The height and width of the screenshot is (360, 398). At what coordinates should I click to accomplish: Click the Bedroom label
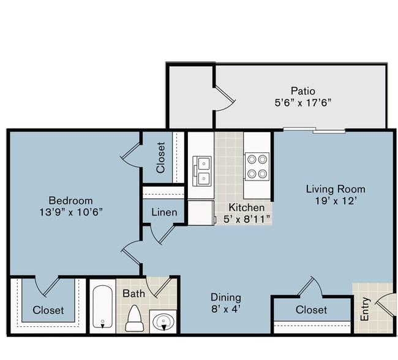tap(70, 201)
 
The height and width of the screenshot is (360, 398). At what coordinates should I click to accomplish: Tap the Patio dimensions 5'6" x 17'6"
tap(303, 103)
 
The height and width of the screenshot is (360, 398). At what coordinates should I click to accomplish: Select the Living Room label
tap(336, 189)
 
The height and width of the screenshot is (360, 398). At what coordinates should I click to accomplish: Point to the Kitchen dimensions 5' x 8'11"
tap(247, 219)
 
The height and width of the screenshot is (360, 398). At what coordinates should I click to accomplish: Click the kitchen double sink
tap(202, 171)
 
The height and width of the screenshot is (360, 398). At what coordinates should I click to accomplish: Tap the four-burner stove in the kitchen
tap(257, 167)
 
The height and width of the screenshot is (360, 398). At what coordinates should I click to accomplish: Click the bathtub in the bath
tap(102, 307)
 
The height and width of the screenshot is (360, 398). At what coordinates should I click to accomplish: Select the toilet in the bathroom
tap(134, 318)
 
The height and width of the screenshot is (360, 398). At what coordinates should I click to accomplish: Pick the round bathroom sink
tap(163, 321)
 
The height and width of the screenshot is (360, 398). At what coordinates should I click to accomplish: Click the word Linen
tap(164, 212)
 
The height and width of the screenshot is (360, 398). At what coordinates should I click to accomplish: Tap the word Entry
tap(364, 309)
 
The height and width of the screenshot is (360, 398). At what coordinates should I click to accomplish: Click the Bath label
tap(133, 293)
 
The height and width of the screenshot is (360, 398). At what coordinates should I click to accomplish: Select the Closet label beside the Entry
tap(311, 310)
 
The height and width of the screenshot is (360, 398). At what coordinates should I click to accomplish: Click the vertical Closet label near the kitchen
tap(161, 158)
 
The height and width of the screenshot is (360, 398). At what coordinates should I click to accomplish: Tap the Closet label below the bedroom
tap(48, 310)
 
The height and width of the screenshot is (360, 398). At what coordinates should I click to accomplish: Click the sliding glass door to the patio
tap(315, 130)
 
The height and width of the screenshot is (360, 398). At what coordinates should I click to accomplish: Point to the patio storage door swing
tap(225, 99)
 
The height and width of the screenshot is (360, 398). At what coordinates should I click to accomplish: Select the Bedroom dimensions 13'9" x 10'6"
tap(71, 212)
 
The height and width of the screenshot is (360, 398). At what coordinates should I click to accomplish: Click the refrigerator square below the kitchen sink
tap(200, 212)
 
